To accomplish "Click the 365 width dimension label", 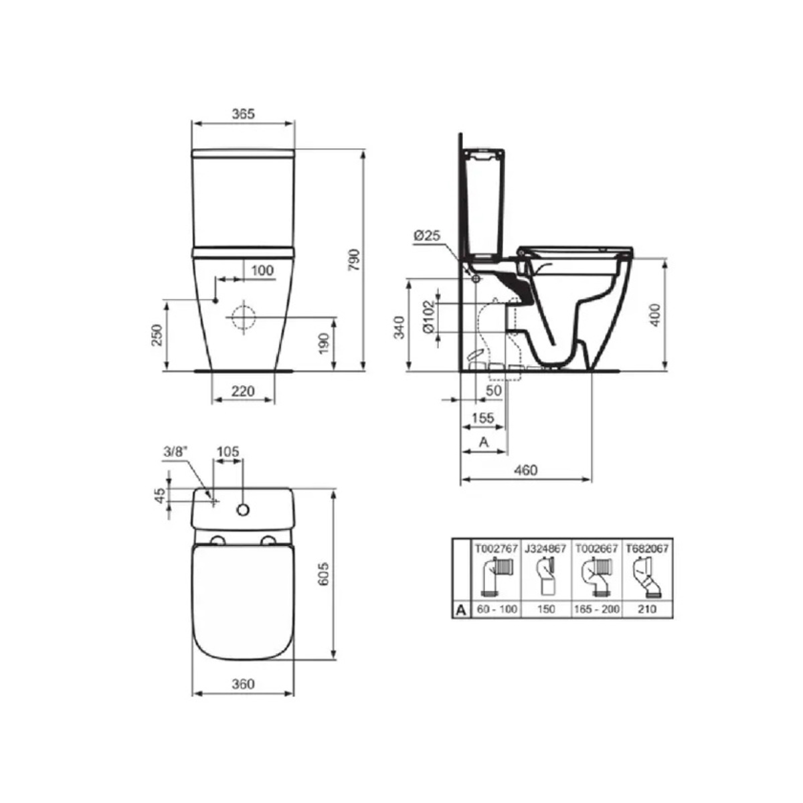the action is pyautogui.click(x=243, y=114).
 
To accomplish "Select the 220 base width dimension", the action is pyautogui.click(x=243, y=391).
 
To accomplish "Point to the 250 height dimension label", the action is pyautogui.click(x=157, y=335).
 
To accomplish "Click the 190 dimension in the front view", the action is pyautogui.click(x=324, y=343).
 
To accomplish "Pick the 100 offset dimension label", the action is pyautogui.click(x=262, y=270).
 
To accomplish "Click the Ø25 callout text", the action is pyautogui.click(x=427, y=236).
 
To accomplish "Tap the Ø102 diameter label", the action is pyautogui.click(x=429, y=317).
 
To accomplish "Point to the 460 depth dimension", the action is pyautogui.click(x=526, y=470).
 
